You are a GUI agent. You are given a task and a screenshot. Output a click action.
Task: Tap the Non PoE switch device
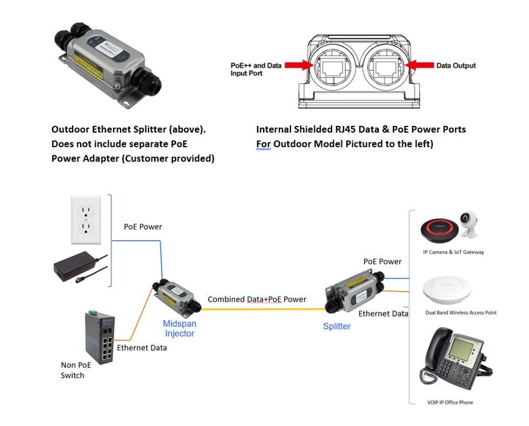click(x=100, y=337)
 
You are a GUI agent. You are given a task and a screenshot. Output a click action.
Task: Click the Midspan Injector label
click(x=179, y=328)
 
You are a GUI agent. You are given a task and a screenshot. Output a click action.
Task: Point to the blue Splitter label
click(x=336, y=326)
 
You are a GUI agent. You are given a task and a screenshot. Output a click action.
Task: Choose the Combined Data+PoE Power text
click(x=257, y=299)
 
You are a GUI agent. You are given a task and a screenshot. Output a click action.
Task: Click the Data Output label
click(x=456, y=66)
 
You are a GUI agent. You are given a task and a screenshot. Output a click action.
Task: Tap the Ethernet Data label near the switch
click(x=142, y=348)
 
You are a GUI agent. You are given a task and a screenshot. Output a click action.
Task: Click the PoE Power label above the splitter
click(x=382, y=262)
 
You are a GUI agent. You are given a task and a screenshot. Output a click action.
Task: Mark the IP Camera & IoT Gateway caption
click(x=453, y=252)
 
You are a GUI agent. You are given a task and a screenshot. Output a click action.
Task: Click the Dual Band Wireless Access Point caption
click(x=461, y=312)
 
